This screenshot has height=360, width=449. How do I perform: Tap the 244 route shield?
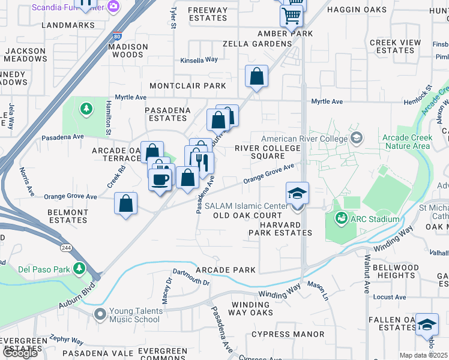[65, 248]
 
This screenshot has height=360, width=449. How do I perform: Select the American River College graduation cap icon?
[357, 138]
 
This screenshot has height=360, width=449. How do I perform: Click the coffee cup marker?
[160, 179]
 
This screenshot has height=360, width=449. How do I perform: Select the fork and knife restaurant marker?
[202, 162]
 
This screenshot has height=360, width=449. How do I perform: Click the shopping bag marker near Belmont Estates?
[125, 203]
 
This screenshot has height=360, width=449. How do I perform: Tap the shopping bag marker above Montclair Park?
[256, 77]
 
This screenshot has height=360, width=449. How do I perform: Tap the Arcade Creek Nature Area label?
[406, 142]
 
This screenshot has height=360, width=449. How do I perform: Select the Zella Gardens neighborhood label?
[256, 44]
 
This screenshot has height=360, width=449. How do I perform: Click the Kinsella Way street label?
[199, 61]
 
